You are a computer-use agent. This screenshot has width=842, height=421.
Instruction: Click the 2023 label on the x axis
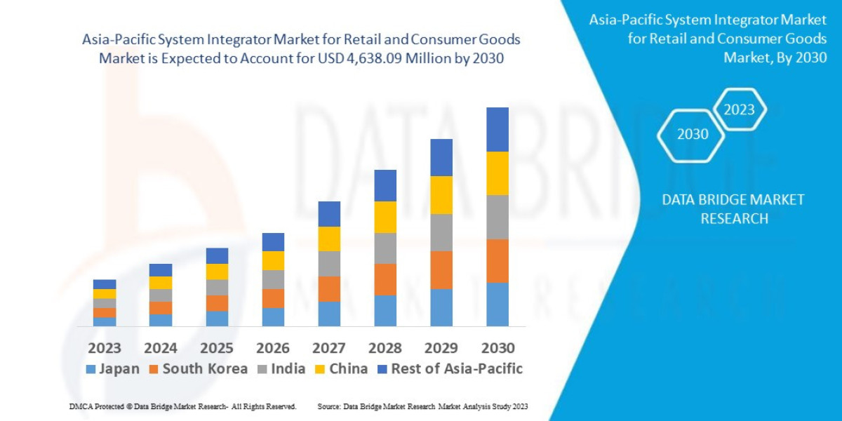point(105,348)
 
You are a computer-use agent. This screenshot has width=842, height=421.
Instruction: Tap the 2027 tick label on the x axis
point(329,348)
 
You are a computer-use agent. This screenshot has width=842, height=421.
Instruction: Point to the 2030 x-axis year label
point(497,348)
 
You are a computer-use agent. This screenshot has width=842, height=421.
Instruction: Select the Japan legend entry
point(112,369)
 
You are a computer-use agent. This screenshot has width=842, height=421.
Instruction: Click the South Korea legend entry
point(197,369)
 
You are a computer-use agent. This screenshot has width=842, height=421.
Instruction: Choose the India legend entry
point(280,369)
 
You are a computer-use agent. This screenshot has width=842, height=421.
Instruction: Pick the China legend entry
point(342,369)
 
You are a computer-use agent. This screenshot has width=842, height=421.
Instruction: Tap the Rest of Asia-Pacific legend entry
point(450,369)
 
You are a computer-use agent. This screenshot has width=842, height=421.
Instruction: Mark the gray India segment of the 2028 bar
point(385,248)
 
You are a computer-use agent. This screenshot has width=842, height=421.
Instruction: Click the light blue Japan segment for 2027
point(329,314)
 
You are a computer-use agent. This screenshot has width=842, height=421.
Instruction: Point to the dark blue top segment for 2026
point(273,242)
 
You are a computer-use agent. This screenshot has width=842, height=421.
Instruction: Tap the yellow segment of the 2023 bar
point(105,294)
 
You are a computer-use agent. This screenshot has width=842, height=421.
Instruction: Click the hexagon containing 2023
point(740,109)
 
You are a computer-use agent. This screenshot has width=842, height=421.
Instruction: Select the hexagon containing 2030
point(692,134)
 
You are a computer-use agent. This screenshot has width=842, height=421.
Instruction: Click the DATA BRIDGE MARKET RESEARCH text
point(733,209)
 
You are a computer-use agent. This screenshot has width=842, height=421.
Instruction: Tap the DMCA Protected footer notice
point(182,406)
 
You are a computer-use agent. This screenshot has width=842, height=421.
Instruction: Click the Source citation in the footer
point(422,406)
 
